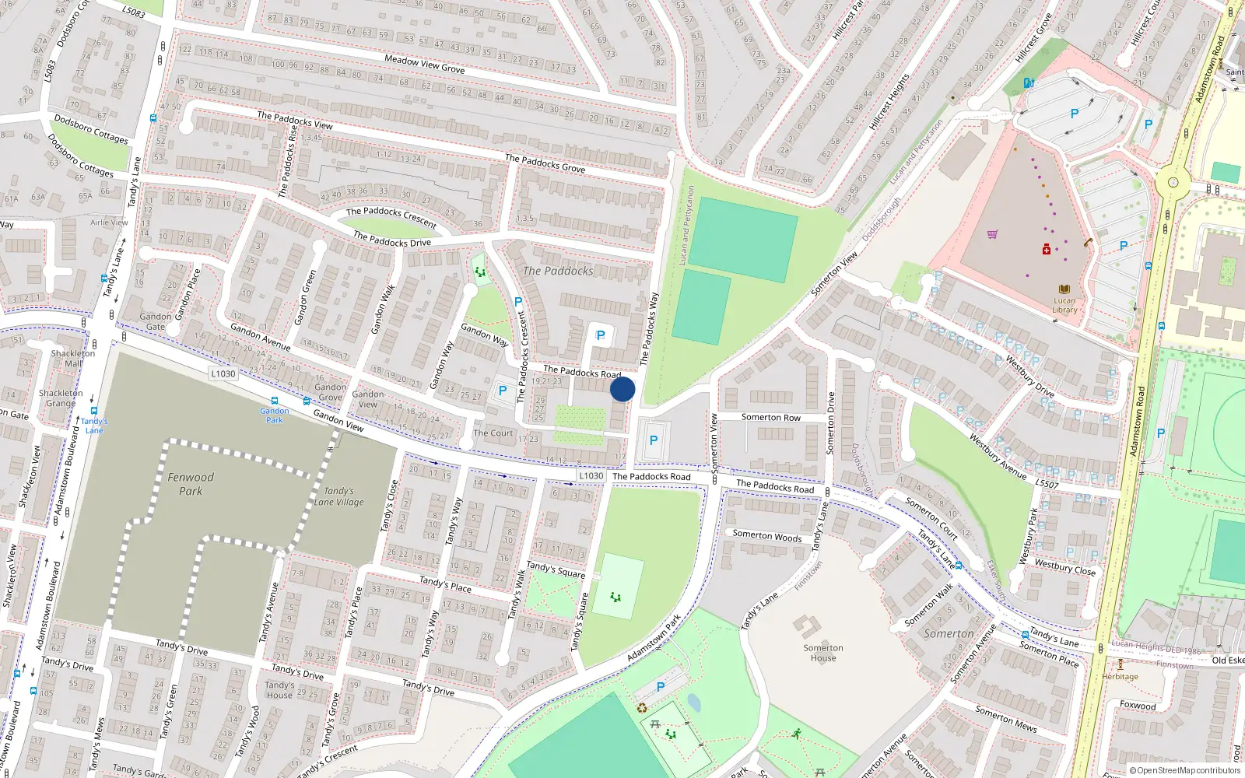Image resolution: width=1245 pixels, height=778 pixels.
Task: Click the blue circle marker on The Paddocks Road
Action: [622, 389]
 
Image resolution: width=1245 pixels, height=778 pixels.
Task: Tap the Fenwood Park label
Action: [191, 484]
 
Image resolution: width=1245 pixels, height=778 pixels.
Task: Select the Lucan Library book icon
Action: [1064, 289]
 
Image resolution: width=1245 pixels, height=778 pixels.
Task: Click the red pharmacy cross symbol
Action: [1047, 250]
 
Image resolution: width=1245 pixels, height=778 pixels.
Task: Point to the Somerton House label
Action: [823, 653]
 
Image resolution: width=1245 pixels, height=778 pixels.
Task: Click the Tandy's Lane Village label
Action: [338, 496]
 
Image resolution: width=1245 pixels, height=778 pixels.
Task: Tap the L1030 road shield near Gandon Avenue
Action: [223, 373]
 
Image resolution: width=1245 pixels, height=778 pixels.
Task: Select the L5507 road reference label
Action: [1047, 484]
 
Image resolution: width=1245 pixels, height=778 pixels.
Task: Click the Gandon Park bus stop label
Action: [275, 415]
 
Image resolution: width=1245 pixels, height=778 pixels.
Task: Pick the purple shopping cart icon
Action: [992, 234]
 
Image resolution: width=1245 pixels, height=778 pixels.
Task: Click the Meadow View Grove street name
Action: [425, 64]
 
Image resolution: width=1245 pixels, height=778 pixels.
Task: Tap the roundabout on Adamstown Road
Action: [1173, 184]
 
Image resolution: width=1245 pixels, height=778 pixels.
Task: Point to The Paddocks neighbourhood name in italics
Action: [558, 271]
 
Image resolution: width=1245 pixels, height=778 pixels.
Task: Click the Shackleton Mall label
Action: [73, 358]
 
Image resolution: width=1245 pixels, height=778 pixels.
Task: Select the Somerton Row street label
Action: [770, 418]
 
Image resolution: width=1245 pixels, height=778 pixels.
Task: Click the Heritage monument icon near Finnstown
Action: [1120, 664]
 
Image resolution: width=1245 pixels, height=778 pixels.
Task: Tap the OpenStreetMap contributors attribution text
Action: [1185, 770]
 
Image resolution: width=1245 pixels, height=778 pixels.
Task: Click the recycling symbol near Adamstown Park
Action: [642, 708]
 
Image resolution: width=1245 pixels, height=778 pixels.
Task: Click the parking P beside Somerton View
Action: [654, 440]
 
